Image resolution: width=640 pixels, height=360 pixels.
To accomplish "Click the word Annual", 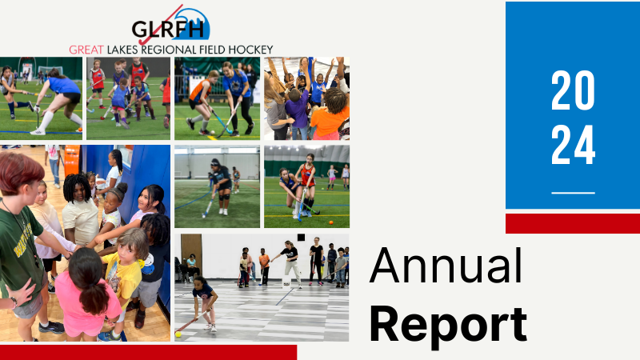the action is coord(446,266).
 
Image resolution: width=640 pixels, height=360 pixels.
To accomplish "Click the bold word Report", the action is coord(448,325).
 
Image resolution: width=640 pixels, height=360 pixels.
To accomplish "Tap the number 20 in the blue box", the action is coord(573,90).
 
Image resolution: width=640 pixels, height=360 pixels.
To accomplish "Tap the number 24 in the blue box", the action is coord(573,145).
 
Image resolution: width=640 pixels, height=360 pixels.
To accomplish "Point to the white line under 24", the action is coord(573,193).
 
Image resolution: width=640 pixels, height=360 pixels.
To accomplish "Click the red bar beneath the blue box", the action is coord(573,223).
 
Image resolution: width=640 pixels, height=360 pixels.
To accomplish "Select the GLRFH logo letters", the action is coord(168,29).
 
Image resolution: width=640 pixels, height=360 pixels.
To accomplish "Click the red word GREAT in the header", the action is coord(86,50).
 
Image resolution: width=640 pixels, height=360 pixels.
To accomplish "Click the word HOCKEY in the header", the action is coord(250,50).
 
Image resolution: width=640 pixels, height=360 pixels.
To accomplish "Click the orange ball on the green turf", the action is coord(330,222).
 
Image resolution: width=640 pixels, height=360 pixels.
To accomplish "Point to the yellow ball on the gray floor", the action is coord(178,334).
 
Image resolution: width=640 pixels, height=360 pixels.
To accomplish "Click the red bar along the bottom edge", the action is coord(148,352).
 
